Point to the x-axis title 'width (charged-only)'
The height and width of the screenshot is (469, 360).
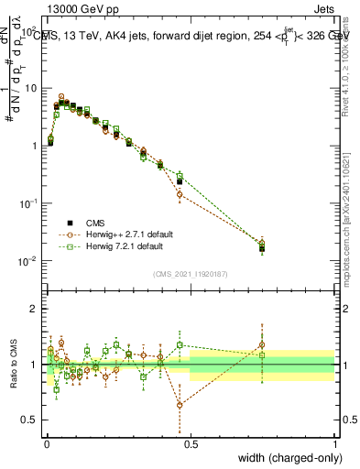(x=285, y=459)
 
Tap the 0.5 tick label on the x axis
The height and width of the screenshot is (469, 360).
(x=191, y=442)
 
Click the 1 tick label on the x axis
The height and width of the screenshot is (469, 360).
(x=334, y=442)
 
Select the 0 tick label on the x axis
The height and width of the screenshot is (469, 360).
(x=47, y=442)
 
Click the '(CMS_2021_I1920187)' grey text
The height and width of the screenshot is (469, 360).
(x=191, y=272)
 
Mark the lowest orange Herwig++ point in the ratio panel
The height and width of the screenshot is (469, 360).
(x=180, y=404)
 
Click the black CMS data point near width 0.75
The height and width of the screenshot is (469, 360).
(x=262, y=247)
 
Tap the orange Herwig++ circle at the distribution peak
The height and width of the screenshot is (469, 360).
(x=61, y=96)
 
